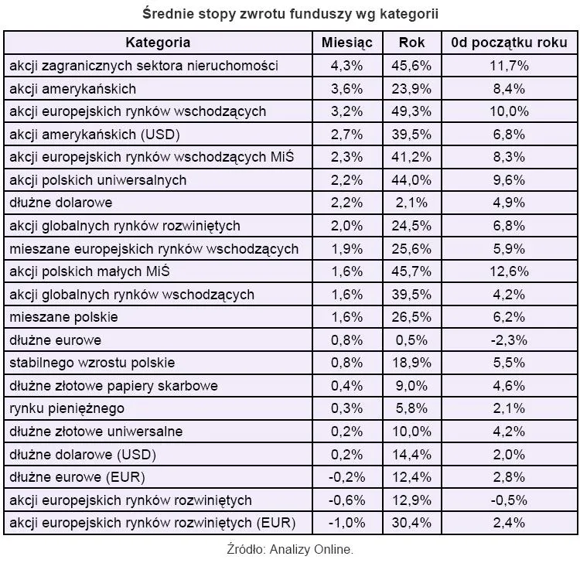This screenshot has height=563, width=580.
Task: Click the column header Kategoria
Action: coord(158,42)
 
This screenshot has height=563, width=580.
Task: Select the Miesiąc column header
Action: coord(347,42)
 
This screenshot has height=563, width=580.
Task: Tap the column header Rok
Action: coord(413,42)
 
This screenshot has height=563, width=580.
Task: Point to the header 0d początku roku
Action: coord(510,42)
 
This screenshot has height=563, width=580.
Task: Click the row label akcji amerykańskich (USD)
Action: coord(94,134)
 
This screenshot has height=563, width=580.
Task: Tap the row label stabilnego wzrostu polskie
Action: coord(92,363)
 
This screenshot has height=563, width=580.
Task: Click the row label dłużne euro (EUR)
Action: coord(77,477)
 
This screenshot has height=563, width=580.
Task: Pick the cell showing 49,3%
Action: coord(413,111)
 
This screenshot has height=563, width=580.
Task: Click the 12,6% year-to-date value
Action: coord(510,271)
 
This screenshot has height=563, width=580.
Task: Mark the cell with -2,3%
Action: coord(510,340)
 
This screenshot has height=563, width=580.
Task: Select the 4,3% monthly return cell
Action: coord(347,65)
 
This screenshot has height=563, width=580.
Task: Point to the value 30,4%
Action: coord(413,523)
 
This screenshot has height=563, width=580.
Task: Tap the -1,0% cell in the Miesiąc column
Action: coord(347,523)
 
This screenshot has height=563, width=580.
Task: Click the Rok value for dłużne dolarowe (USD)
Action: coord(413,454)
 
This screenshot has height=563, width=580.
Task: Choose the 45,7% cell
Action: coord(413,271)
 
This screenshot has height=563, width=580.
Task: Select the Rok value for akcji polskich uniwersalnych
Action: coord(413,180)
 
